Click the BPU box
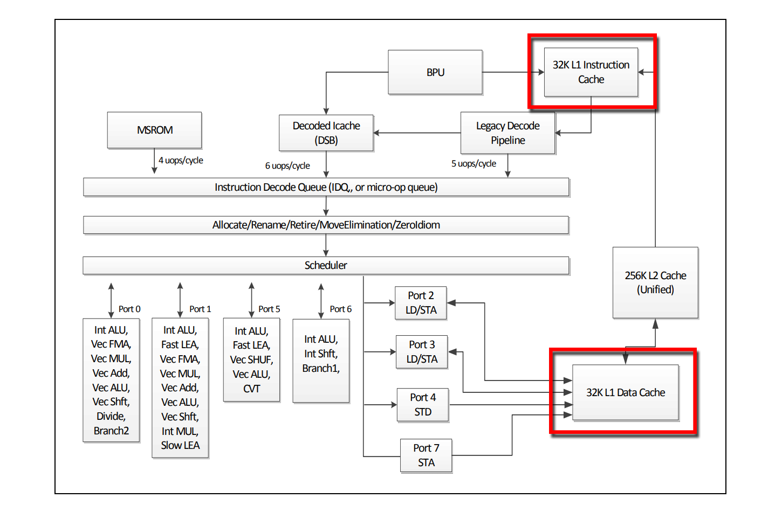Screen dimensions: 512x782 click(x=435, y=72)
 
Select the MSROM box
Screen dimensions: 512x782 click(x=154, y=130)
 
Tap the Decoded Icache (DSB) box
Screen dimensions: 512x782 click(x=326, y=133)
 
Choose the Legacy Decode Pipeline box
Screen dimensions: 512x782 click(x=507, y=133)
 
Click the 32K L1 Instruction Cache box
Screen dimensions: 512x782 click(x=591, y=72)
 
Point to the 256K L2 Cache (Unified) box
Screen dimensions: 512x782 click(x=655, y=282)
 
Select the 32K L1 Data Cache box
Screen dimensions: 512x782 click(x=625, y=392)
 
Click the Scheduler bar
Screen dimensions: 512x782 click(x=326, y=265)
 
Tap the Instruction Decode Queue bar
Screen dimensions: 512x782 click(x=326, y=187)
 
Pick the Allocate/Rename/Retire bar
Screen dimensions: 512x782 click(x=326, y=225)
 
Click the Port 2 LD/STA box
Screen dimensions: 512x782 click(x=421, y=303)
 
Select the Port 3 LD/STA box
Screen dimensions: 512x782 click(x=422, y=352)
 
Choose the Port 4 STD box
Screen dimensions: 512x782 click(x=423, y=405)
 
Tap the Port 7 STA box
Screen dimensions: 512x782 click(x=426, y=455)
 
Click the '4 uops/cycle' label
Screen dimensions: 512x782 click(x=181, y=160)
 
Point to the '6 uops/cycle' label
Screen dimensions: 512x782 click(x=287, y=165)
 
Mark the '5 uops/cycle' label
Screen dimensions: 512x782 click(x=474, y=163)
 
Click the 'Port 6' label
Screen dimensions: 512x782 click(x=340, y=309)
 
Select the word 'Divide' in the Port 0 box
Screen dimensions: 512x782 click(x=111, y=416)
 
